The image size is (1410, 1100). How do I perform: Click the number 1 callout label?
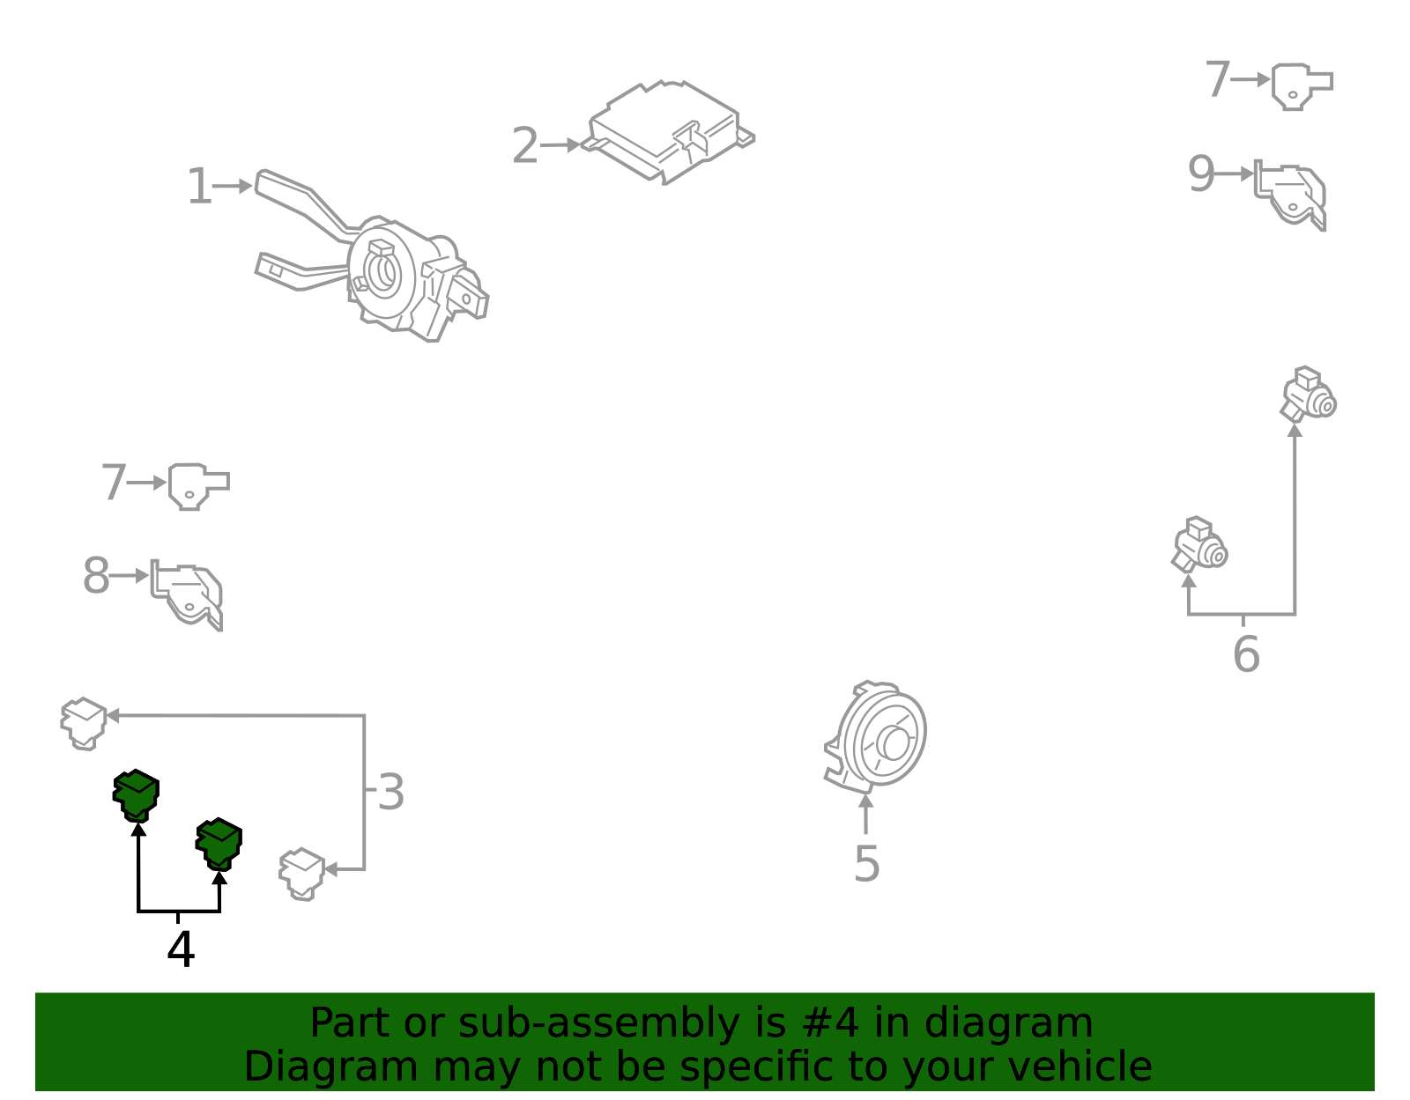199,186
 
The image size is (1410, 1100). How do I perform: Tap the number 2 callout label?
525,145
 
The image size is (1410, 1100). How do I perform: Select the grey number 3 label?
391,792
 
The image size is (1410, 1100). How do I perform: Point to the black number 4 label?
181,949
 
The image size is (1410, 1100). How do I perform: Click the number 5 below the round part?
867,863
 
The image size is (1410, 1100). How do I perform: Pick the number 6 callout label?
1246,654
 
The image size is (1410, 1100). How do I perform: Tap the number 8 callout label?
96,575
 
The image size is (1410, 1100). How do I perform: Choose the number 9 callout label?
1201,173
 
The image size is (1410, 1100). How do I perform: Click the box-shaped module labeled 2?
668,133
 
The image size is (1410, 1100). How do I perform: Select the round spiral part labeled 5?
876,738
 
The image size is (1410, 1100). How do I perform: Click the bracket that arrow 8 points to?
187,594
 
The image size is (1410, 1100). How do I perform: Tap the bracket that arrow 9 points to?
1290,195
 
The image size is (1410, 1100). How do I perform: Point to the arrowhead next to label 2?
574,144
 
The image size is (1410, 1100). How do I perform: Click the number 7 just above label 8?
114,482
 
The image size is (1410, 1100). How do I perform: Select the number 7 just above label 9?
1217,79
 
